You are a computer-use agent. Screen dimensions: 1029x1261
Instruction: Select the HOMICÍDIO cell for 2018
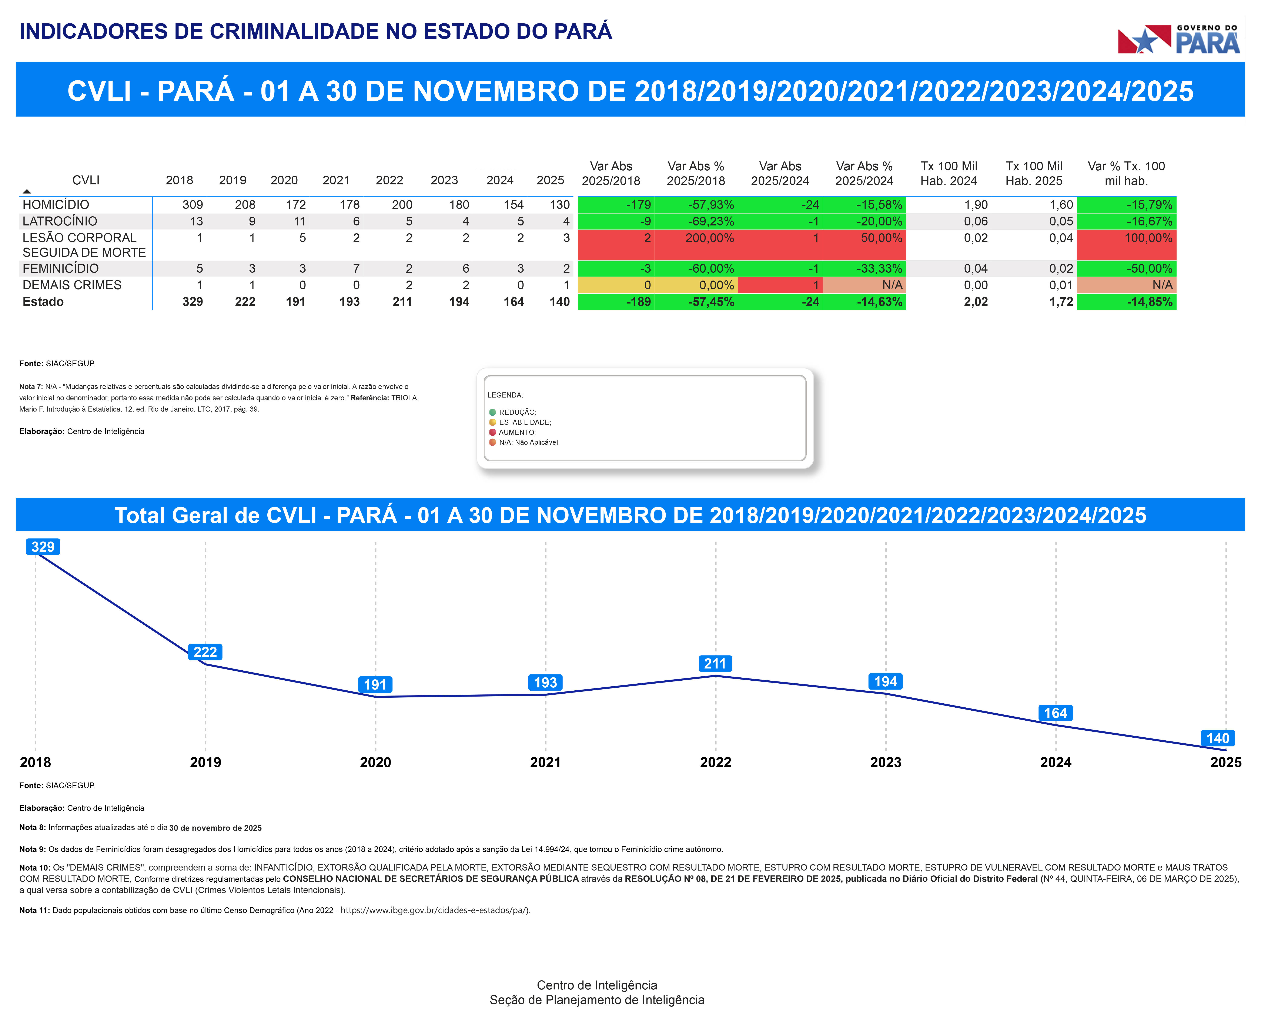193,204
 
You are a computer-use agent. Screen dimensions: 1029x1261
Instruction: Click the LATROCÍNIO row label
60,221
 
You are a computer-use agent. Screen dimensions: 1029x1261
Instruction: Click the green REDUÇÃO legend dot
492,412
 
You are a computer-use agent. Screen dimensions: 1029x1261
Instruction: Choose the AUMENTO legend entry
516,432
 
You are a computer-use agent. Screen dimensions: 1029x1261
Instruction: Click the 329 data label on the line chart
43,546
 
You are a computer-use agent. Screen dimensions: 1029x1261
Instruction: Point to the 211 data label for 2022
715,663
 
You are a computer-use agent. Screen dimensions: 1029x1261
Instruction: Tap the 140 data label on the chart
1218,738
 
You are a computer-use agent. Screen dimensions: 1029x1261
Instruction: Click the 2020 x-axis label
375,762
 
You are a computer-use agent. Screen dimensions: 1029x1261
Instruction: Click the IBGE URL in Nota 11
435,910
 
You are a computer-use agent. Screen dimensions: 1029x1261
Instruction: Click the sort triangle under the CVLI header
27,191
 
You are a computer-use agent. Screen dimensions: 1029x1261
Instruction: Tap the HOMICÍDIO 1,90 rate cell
975,204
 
